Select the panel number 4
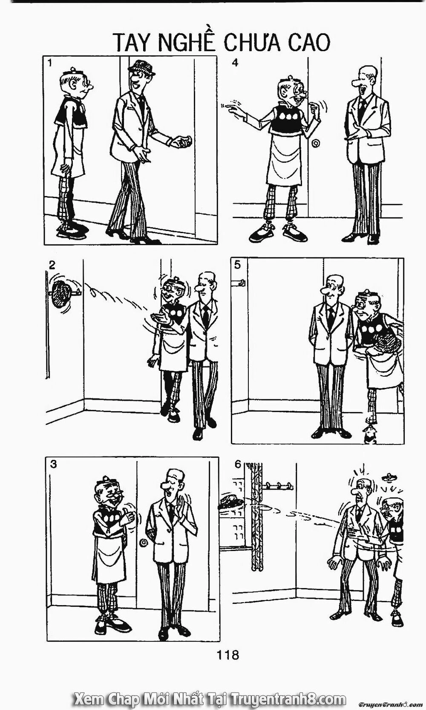point(235,63)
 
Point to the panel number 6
point(238,464)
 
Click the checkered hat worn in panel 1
point(142,67)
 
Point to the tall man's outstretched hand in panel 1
point(181,141)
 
